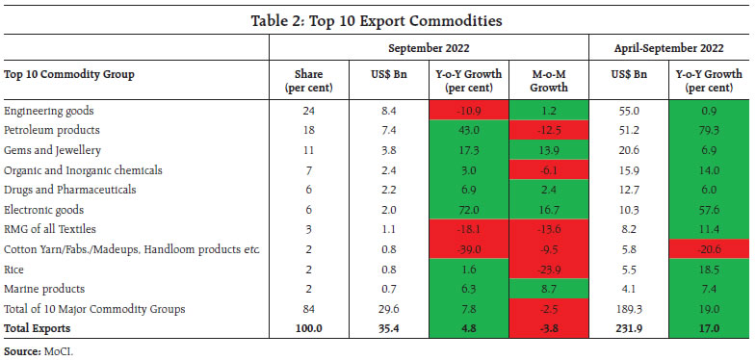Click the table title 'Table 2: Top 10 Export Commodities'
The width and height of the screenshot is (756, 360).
pos(378,19)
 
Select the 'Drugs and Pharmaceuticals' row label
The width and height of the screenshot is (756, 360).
pos(65,189)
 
